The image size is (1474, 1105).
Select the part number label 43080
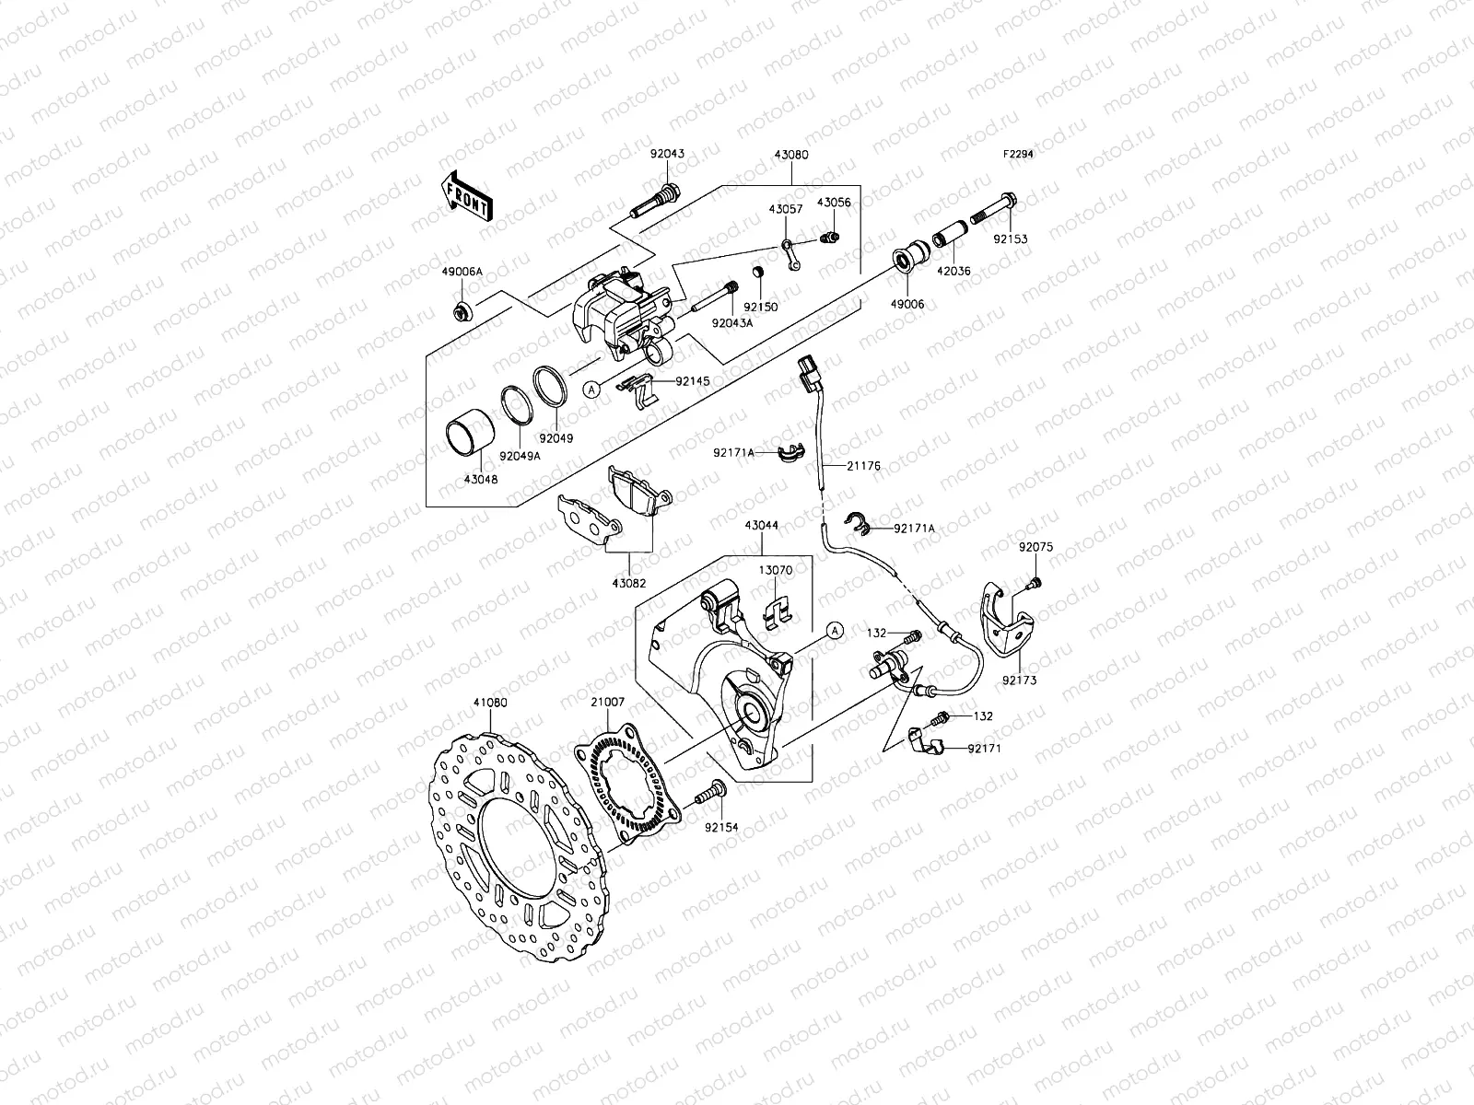791,155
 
